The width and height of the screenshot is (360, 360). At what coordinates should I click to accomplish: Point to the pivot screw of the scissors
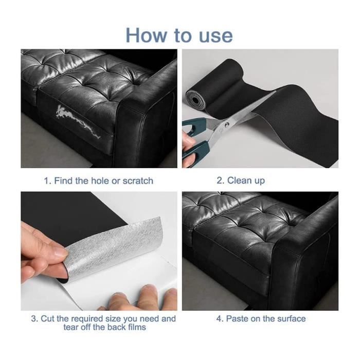pos(227,124)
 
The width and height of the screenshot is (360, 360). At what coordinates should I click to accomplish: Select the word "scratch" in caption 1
pos(138,181)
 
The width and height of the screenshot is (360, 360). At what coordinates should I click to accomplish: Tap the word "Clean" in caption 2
pos(239,181)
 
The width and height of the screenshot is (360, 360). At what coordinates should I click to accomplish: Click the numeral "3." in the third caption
pos(34,319)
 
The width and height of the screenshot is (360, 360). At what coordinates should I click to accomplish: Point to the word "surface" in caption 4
pos(292,319)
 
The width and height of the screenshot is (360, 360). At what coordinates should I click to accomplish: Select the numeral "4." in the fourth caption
pos(220,319)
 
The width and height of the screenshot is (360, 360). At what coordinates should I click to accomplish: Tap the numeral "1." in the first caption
pos(47,181)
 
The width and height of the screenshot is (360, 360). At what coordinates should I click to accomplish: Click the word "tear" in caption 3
pos(71,327)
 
